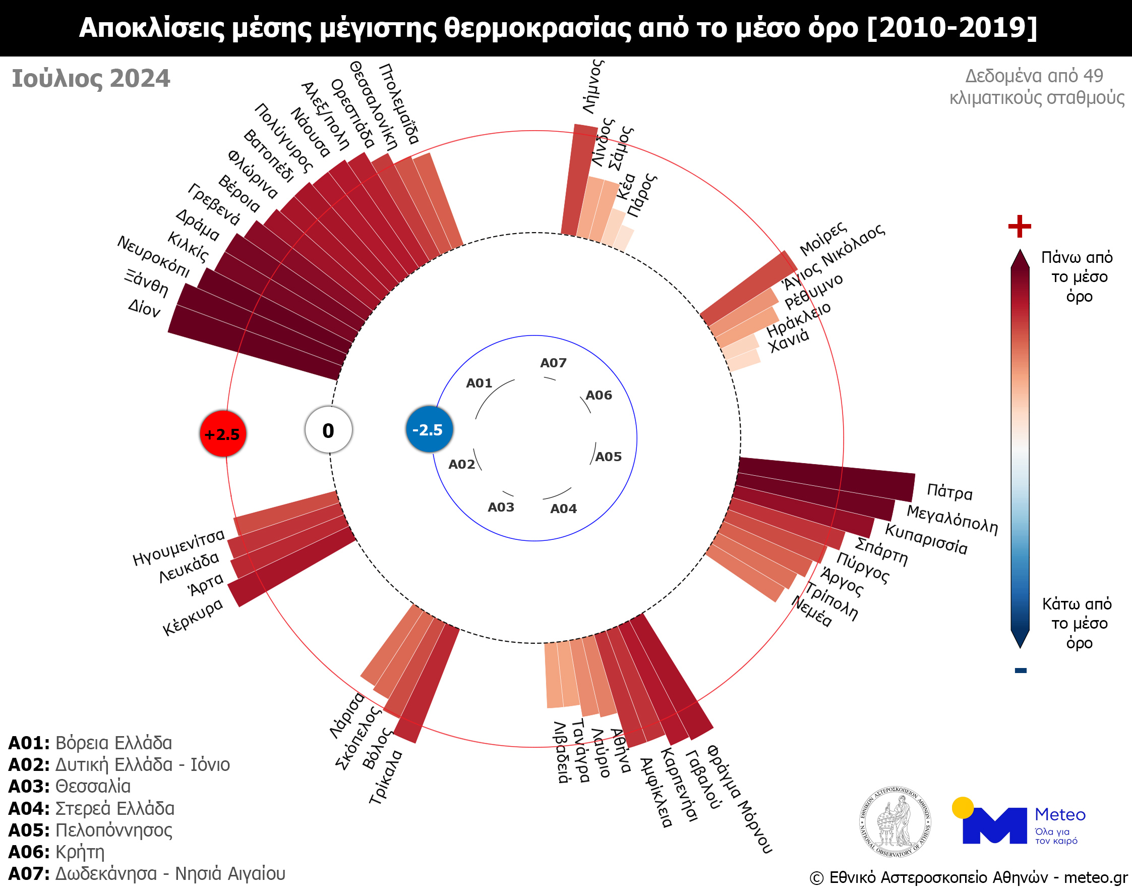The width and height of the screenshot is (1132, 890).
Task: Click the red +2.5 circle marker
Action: pos(223,433)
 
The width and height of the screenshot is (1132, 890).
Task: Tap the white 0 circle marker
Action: pos(329,430)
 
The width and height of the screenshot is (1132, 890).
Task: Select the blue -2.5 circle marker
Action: pos(429,430)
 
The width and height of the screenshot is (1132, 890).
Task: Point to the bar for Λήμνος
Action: pos(579,180)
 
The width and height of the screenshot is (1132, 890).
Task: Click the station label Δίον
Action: pos(144,308)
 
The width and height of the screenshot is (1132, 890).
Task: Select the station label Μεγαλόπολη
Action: pos(952,520)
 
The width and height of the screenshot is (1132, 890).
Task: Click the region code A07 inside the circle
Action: pos(553,363)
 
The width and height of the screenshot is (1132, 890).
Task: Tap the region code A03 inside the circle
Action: pos(501,508)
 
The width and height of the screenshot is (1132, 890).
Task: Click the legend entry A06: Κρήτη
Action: pos(56,852)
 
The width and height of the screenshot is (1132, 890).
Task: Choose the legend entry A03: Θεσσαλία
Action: pos(69,786)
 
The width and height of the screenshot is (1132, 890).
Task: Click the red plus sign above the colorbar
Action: pos(1020,226)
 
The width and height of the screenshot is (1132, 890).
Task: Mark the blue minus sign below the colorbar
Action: pos(1021,671)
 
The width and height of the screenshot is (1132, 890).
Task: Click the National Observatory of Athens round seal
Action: pos(895,822)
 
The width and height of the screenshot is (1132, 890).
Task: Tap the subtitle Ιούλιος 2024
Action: pos(91,79)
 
